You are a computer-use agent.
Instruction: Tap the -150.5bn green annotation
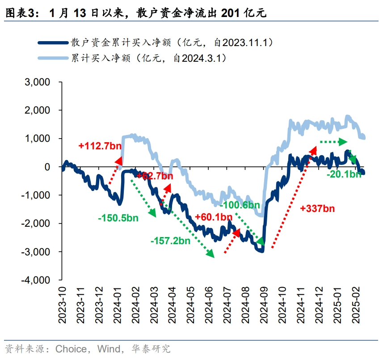[118, 218]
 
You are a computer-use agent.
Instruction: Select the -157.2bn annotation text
[170, 241]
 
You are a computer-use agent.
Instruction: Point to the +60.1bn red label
[214, 218]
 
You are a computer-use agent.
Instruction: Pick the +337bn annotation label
[317, 208]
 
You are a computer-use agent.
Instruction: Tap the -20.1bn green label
[344, 174]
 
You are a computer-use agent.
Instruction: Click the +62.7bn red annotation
[155, 176]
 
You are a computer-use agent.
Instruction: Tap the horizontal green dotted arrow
[333, 142]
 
